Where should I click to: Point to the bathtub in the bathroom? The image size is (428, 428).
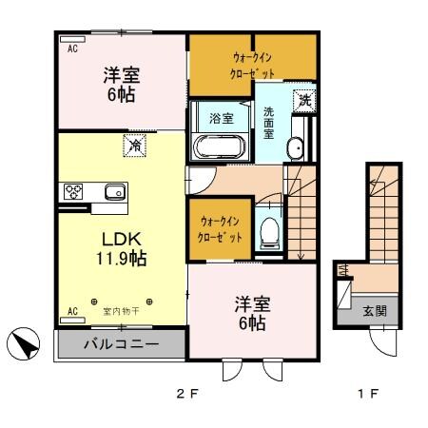click(220, 148)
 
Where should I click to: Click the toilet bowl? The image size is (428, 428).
click(269, 228)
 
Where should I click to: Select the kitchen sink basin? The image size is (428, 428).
click(114, 192)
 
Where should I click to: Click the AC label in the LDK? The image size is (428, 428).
click(70, 311)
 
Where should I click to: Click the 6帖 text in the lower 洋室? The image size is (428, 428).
click(252, 323)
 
